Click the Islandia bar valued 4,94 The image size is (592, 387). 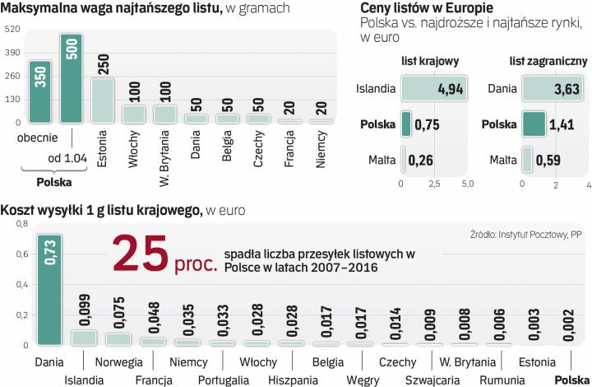[434, 89]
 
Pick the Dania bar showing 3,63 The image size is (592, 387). [555, 89]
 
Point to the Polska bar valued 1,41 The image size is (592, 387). [534, 124]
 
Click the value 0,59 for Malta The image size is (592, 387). [548, 159]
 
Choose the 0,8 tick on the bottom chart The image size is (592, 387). [21, 224]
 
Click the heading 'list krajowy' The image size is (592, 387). [429, 61]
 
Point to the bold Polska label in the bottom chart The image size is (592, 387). [571, 380]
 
